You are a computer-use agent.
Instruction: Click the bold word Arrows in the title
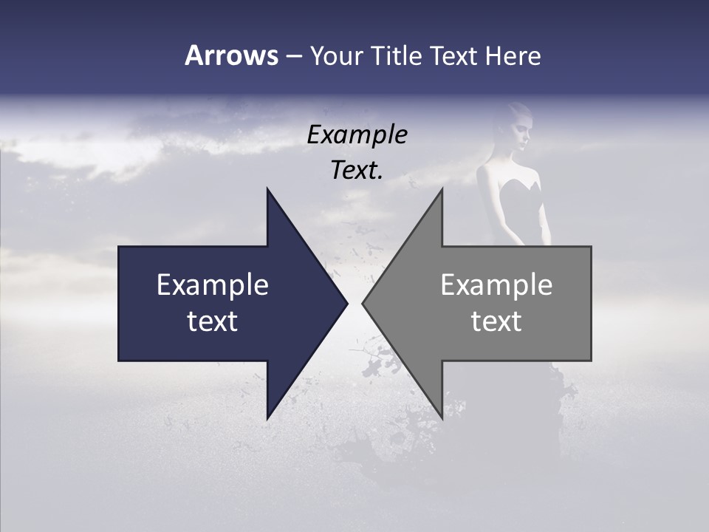click(x=231, y=55)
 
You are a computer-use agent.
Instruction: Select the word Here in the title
click(x=513, y=55)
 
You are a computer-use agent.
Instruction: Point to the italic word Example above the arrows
click(x=357, y=134)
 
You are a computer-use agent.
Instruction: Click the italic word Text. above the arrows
click(x=357, y=170)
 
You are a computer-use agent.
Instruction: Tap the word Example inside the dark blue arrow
click(x=213, y=284)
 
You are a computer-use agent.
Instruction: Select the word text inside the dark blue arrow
click(x=213, y=321)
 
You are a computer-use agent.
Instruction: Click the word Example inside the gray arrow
click(x=496, y=284)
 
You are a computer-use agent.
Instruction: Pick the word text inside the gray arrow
click(x=496, y=321)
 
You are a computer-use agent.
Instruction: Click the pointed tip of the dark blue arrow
click(x=346, y=304)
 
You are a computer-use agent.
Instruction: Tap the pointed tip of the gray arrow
click(x=363, y=304)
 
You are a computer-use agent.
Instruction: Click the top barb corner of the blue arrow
click(x=267, y=189)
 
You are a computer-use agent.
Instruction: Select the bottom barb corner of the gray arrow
click(x=442, y=418)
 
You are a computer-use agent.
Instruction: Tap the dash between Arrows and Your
click(x=293, y=56)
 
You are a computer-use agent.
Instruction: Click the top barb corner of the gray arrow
click(x=442, y=189)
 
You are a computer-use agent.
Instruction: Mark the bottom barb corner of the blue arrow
click(x=267, y=418)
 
